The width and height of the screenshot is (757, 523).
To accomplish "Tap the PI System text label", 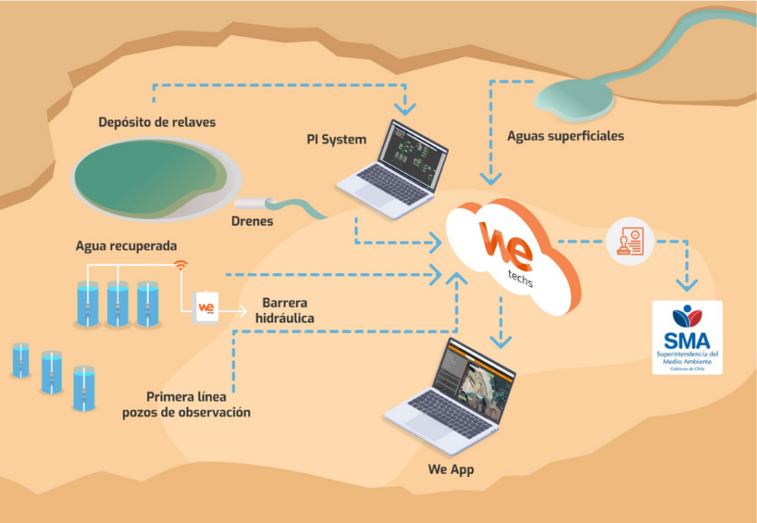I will click(x=336, y=138).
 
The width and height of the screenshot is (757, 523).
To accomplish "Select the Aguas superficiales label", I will click(x=566, y=136).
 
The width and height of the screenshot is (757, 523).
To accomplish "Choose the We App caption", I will click(x=451, y=470).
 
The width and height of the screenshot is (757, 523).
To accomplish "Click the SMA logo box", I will click(x=687, y=337).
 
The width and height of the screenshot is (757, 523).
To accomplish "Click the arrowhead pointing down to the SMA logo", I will click(x=687, y=283).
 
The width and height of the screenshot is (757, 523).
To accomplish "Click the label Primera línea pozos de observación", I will click(x=186, y=404).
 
